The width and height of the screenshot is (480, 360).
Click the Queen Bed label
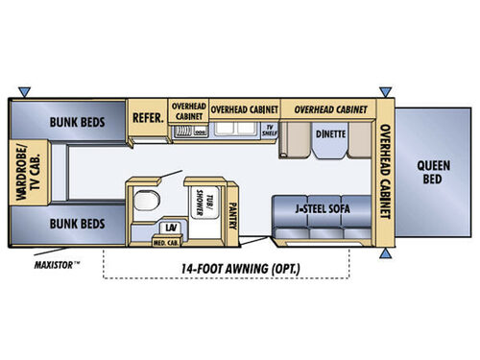[x=434, y=171]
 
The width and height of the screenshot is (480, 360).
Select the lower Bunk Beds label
[x=79, y=224]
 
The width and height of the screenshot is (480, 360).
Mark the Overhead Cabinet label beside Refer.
[x=188, y=110]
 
